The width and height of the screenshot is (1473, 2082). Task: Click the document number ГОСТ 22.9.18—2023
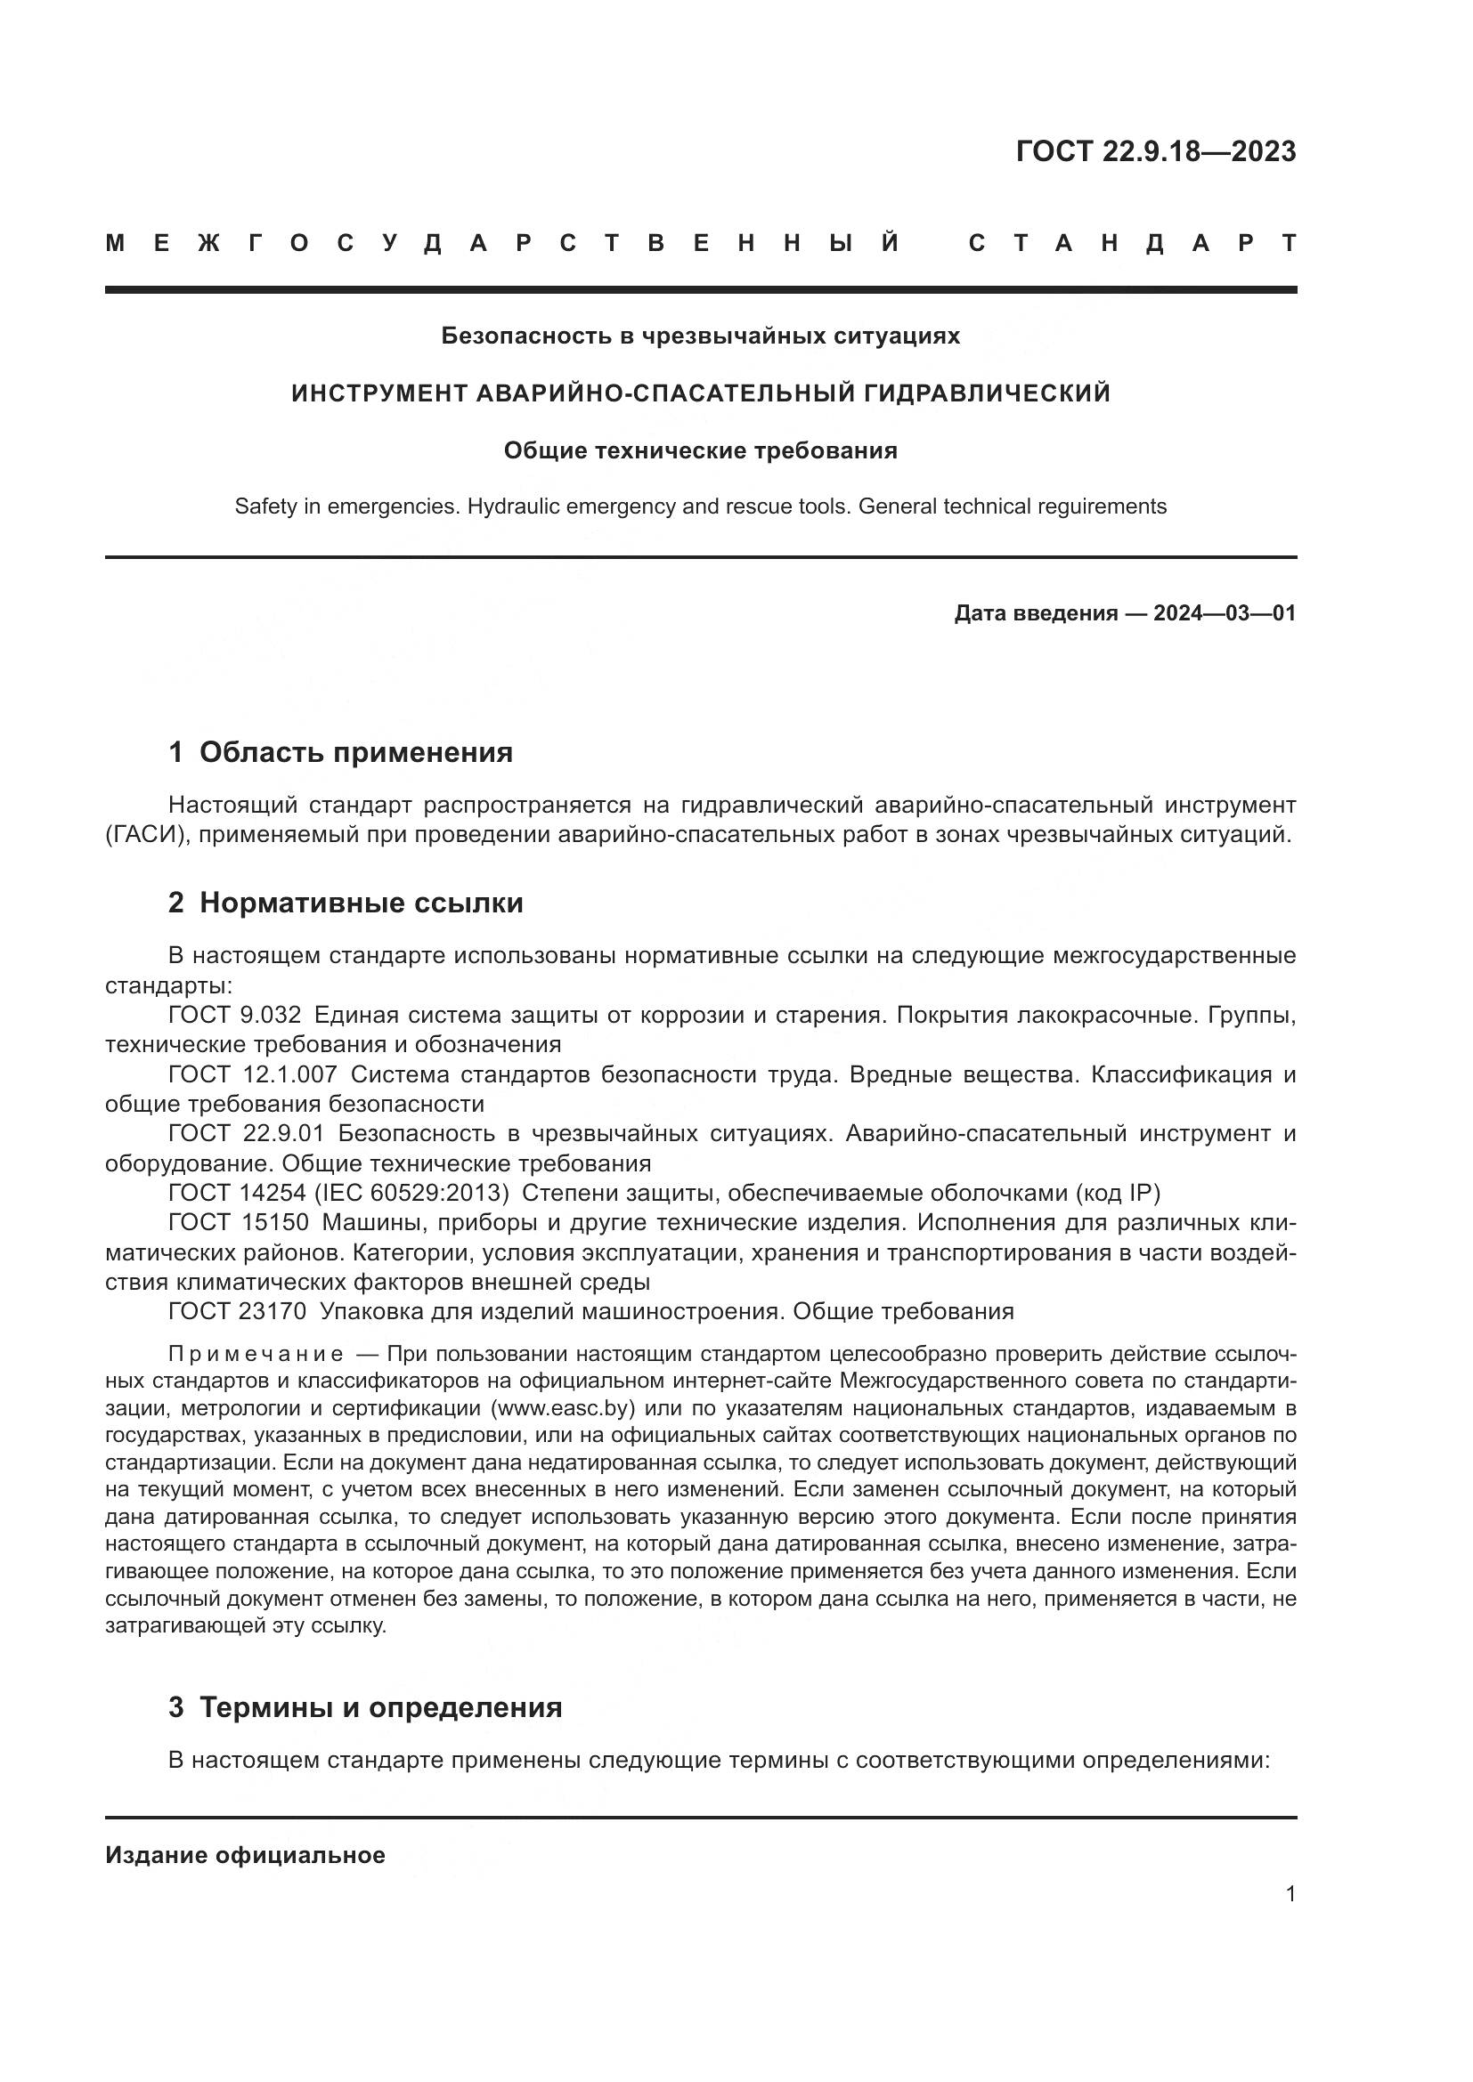pos(1156,151)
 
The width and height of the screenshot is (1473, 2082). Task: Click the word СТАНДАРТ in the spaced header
pos(1132,243)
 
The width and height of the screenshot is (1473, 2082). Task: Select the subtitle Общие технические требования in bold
pos(700,450)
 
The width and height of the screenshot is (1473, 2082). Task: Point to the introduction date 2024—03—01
pos(1224,613)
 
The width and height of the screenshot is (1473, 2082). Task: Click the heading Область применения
pos(355,752)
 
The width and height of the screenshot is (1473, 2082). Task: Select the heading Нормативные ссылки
pos(361,903)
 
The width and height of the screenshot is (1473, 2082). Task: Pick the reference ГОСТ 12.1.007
pos(252,1074)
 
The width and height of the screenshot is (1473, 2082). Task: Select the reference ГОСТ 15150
pos(238,1222)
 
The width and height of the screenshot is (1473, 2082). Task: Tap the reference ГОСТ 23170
pos(238,1311)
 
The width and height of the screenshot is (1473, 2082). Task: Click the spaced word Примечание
pos(256,1355)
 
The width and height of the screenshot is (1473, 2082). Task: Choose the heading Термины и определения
pos(380,1707)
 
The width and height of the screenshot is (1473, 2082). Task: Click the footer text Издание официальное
pos(245,1855)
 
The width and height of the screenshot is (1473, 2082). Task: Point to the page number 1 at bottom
pos(1290,1893)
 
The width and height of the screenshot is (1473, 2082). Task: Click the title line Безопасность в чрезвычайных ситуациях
pos(700,336)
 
